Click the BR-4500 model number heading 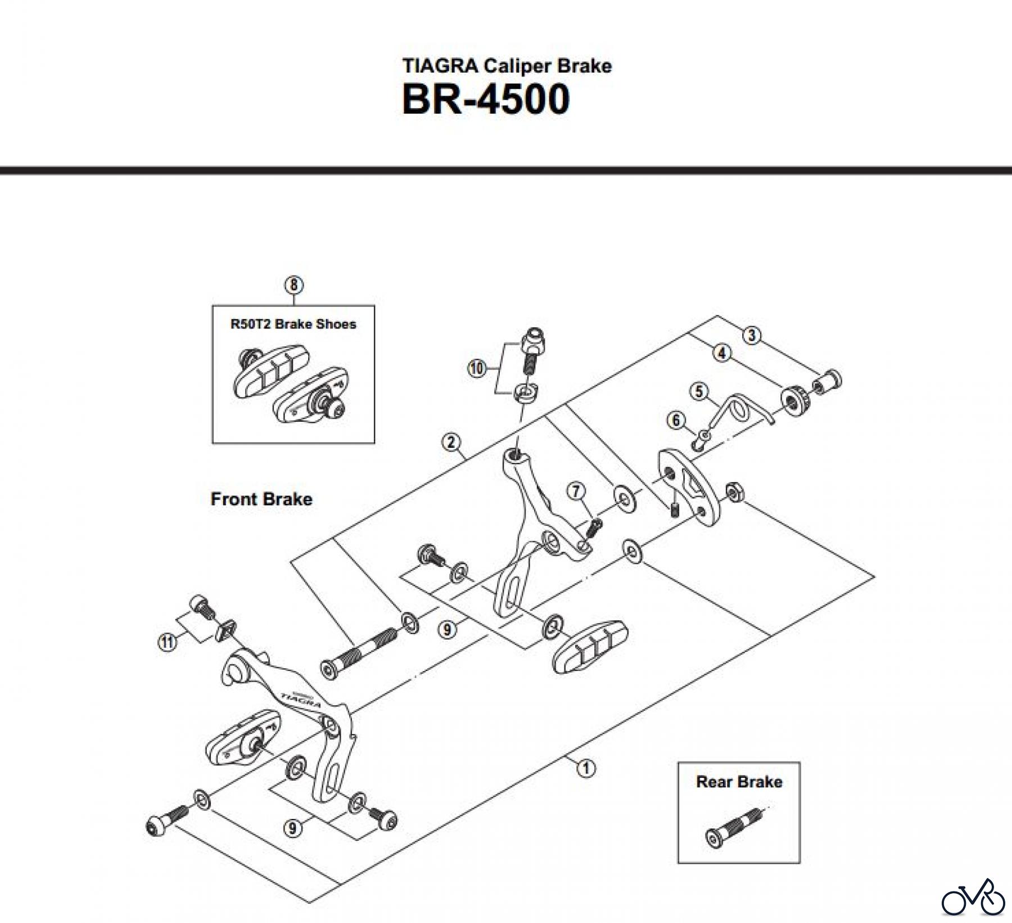click(x=486, y=100)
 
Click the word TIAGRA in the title click(x=440, y=66)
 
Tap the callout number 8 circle click(x=293, y=285)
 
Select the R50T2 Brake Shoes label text click(x=293, y=324)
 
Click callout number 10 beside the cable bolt click(x=476, y=369)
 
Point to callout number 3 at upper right click(x=752, y=336)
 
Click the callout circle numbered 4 click(x=722, y=353)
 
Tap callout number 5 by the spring click(x=699, y=391)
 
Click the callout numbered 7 click(x=576, y=491)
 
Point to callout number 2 click(x=451, y=442)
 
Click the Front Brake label click(x=261, y=499)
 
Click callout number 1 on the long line click(x=586, y=767)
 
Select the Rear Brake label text click(x=739, y=782)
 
